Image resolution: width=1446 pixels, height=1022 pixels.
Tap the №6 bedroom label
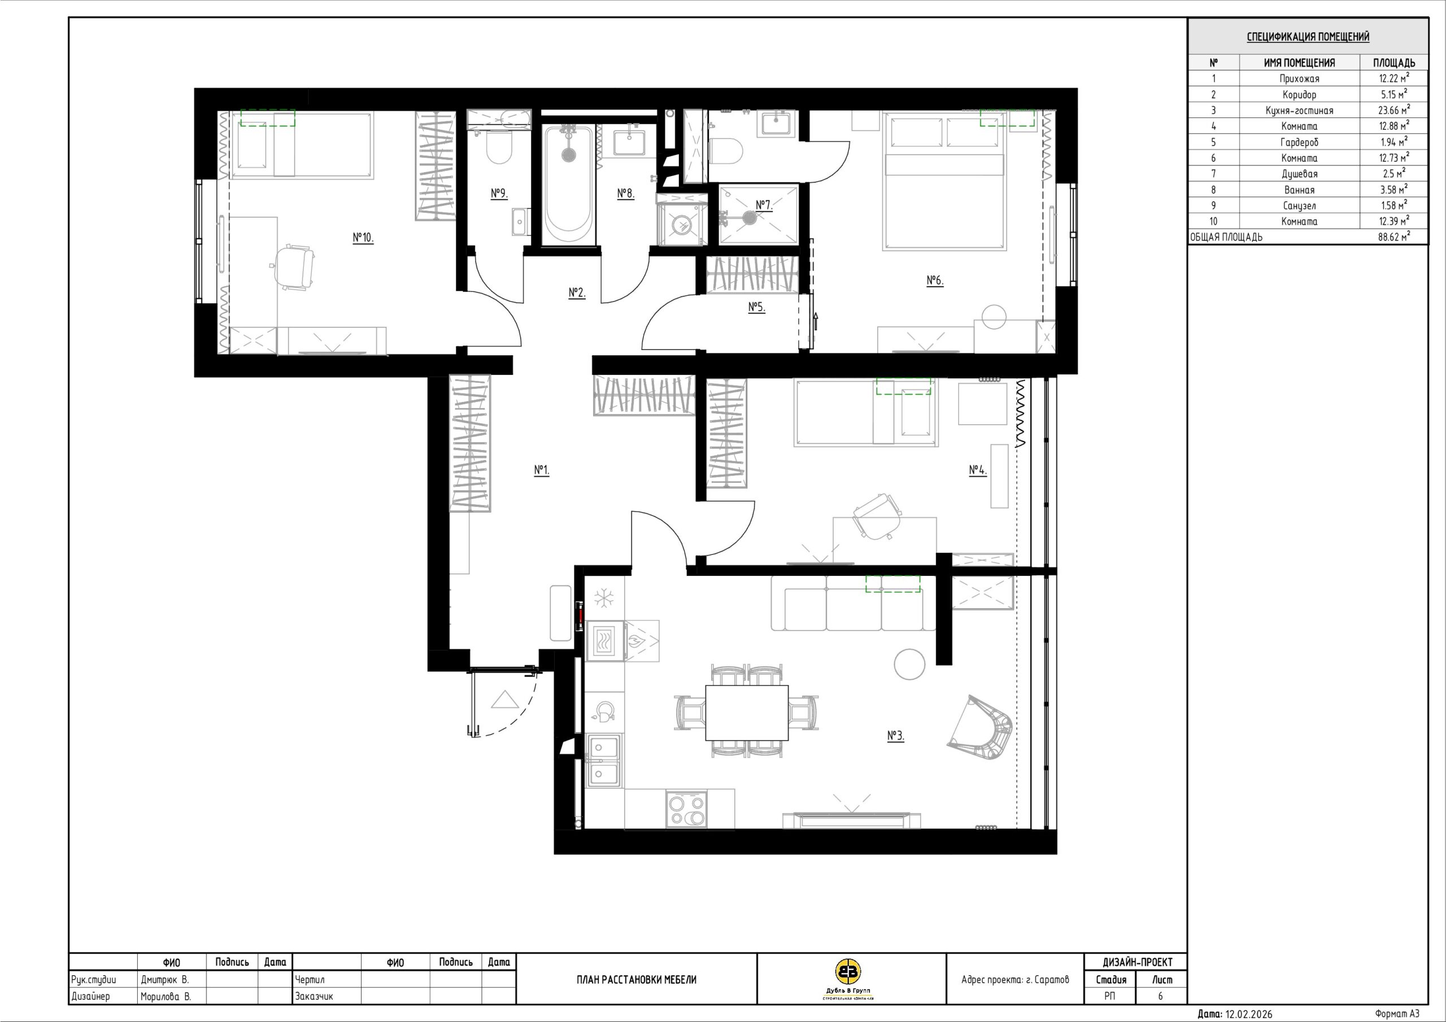(x=935, y=280)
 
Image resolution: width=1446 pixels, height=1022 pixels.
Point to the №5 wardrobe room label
(x=756, y=307)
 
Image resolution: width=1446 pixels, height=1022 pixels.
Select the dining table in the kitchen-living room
(x=746, y=713)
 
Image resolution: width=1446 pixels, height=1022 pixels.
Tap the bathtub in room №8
(x=568, y=184)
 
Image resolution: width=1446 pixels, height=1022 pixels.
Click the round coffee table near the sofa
(x=909, y=665)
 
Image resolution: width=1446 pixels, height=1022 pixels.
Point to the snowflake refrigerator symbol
(x=604, y=598)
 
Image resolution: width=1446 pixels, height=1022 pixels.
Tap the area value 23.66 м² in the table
(x=1393, y=110)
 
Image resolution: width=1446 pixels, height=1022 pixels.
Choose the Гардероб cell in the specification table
(x=1299, y=142)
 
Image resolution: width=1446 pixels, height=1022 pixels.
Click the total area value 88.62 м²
(x=1393, y=237)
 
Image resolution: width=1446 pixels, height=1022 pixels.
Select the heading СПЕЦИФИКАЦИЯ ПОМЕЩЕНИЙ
(x=1308, y=37)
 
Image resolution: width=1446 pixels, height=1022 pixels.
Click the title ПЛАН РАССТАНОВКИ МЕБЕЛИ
(x=637, y=979)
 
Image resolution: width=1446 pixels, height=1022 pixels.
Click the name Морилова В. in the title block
(x=165, y=996)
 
